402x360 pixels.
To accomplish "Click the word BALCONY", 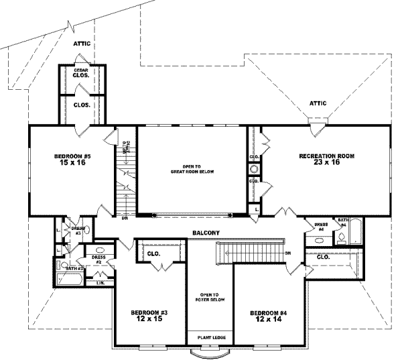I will pos(204,233).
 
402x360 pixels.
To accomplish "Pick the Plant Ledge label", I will pos(210,339).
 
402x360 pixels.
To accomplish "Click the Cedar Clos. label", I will pos(81,72).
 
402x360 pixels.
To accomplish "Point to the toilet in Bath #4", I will pos(342,237).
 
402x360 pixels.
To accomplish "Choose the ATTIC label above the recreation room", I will pos(317,104).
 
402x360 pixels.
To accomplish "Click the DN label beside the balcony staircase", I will pos(287,253).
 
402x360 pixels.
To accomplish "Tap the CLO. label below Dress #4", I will pos(322,257).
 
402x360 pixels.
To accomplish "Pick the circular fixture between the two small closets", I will pos(254,170).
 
